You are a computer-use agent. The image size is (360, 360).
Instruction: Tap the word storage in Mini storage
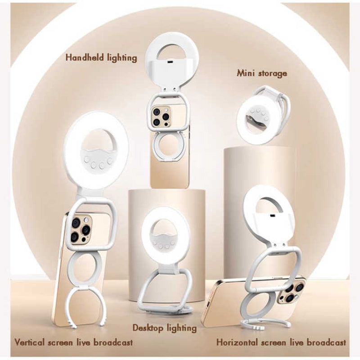pos(273,74)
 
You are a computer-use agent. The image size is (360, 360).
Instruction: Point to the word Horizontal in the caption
pos(236,342)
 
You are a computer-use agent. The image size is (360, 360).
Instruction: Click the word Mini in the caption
pos(246,73)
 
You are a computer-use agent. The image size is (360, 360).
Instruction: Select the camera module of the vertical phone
pos(80,229)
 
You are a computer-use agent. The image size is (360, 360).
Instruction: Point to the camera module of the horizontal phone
pos(291,290)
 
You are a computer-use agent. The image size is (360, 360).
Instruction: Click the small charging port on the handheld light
pos(170,62)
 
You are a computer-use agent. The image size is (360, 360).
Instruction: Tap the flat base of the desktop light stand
pos(166,308)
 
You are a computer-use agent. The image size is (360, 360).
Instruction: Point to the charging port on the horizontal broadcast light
pos(272,216)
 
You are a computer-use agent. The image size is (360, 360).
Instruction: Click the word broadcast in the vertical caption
pos(113,342)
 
